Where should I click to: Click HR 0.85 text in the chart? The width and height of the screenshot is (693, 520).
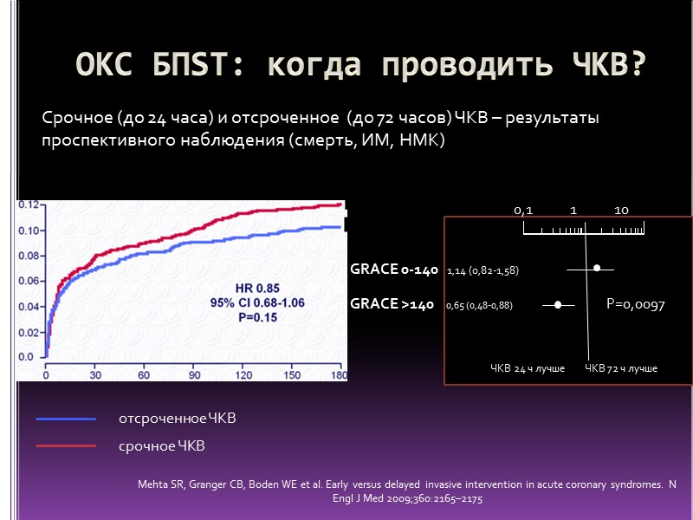[262, 287]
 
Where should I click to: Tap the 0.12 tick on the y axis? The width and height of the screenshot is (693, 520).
[28, 205]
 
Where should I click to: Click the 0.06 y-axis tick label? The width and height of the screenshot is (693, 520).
[28, 281]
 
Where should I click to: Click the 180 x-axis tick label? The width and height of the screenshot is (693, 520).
[339, 375]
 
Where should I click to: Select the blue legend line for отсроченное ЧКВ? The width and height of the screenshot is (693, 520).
[66, 419]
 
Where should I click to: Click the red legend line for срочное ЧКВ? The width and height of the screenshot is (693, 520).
[66, 446]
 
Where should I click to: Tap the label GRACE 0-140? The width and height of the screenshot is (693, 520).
[394, 270]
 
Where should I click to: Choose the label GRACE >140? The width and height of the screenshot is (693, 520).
[392, 304]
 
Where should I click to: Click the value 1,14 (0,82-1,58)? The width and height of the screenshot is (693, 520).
[483, 271]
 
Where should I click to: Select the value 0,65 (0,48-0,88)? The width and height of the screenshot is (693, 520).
[479, 306]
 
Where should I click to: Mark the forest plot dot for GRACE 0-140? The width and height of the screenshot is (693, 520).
[597, 269]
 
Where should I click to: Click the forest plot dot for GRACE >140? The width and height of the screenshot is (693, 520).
[558, 304]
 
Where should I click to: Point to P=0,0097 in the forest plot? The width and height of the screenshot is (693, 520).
[635, 304]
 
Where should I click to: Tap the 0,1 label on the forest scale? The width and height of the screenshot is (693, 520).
[523, 211]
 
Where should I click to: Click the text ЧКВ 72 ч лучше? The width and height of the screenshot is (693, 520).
[621, 368]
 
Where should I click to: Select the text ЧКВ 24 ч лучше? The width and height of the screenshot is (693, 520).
[528, 368]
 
